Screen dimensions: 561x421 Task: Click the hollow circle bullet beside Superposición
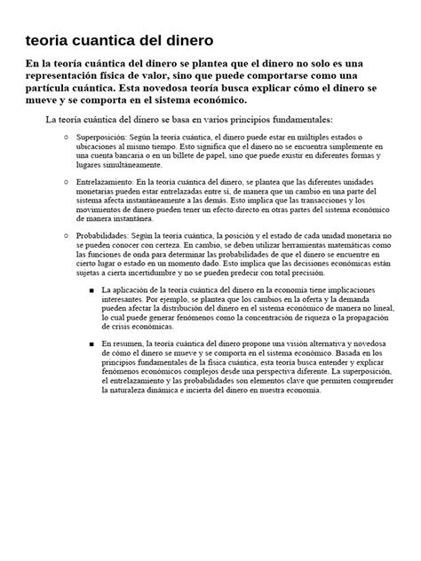68,138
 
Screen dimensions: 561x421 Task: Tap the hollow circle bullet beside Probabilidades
68,234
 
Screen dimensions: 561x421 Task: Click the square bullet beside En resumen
93,343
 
